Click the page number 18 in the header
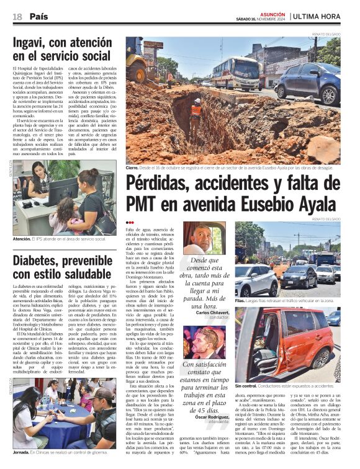click(x=17, y=16)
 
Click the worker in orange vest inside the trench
click(x=196, y=109)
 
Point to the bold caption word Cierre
click(x=132, y=168)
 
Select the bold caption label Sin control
click(x=245, y=386)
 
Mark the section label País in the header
click(x=38, y=16)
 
